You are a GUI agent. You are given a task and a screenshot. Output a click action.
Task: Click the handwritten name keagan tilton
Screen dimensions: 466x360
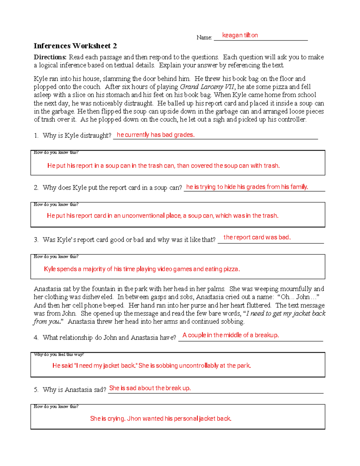point(240,35)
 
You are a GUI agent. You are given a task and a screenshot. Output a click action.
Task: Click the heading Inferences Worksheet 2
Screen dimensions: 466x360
point(75,46)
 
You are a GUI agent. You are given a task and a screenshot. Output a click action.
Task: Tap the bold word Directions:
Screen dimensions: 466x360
point(50,57)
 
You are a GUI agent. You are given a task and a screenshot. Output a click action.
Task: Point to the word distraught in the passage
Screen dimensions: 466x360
point(138,103)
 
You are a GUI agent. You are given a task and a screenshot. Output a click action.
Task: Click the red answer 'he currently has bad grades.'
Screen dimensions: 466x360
point(155,135)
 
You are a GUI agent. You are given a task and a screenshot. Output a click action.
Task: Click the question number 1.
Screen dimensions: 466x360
point(36,136)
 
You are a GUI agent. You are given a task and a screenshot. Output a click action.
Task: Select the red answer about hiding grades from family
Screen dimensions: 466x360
point(247,187)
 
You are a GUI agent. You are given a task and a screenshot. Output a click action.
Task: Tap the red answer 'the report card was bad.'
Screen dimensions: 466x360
point(257,237)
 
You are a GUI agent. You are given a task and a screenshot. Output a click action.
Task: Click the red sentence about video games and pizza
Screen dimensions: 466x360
point(142,269)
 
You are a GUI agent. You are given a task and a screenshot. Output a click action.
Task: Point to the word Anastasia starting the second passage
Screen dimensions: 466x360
point(47,289)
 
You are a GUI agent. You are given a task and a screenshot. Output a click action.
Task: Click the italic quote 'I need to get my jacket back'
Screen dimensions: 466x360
point(286,313)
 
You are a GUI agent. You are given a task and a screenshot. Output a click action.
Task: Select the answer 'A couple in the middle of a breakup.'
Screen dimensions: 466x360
point(230,335)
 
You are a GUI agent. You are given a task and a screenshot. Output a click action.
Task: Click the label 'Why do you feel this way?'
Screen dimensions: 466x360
point(59,354)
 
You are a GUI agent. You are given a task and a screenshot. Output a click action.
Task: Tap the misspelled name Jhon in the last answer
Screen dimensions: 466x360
point(134,418)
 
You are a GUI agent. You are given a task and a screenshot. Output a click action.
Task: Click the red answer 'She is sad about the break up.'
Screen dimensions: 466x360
point(150,388)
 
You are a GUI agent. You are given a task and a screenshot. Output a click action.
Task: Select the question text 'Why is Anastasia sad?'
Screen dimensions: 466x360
point(74,389)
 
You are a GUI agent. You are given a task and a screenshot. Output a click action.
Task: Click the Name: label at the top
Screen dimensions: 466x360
point(204,38)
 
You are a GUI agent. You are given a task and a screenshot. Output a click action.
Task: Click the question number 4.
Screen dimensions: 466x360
point(36,338)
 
